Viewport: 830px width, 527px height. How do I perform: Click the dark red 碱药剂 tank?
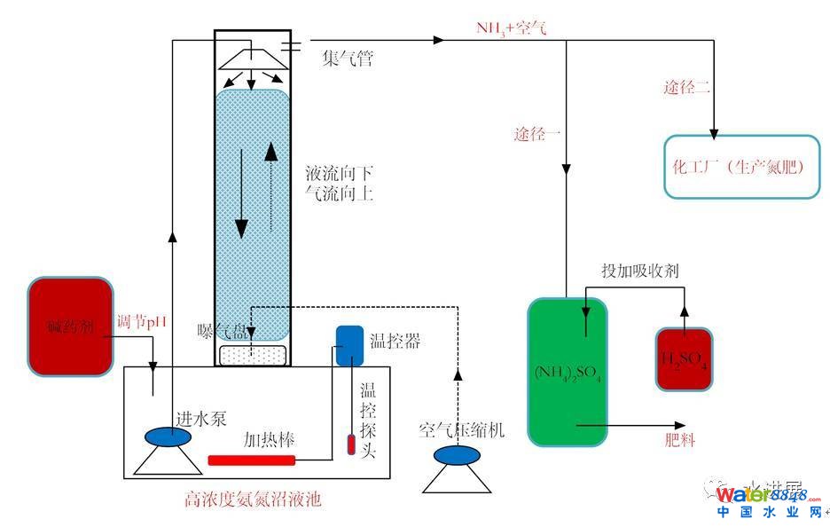coord(70,326)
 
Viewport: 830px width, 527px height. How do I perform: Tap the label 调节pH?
coord(141,321)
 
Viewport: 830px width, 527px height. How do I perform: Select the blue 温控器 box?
coord(349,344)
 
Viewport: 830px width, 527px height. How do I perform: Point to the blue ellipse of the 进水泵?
coord(173,437)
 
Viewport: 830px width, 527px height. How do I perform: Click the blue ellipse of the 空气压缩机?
coord(456,454)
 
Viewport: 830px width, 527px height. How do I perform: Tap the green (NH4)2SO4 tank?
coord(568,371)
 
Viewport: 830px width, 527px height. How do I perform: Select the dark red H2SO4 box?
coord(683,358)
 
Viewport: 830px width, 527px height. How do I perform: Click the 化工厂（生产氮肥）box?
coord(742,166)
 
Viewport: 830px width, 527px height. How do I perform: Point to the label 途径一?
coord(537,135)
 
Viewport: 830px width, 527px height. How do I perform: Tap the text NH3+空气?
coord(511,28)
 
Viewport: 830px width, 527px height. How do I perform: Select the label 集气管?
coord(347,59)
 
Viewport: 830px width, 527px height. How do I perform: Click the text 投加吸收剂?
coord(640,271)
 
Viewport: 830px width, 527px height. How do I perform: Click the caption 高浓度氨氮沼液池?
coord(253,499)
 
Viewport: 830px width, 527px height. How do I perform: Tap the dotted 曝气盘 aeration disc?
coord(253,353)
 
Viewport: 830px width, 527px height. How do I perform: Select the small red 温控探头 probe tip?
coord(350,444)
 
